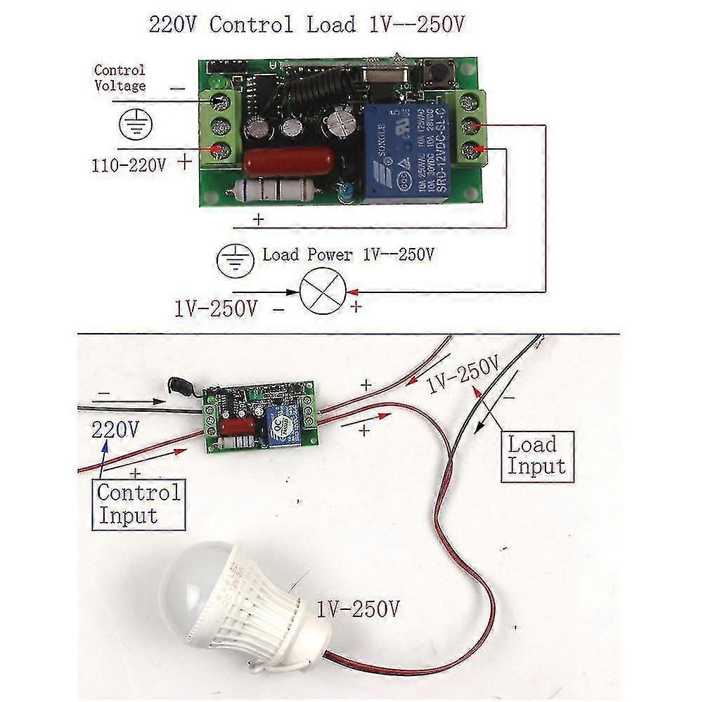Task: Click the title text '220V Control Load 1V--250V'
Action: (307, 25)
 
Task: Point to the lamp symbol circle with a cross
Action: (321, 290)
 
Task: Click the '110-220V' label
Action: (128, 167)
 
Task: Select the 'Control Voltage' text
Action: (120, 78)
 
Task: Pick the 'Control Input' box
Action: (138, 504)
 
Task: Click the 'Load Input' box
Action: (536, 455)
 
